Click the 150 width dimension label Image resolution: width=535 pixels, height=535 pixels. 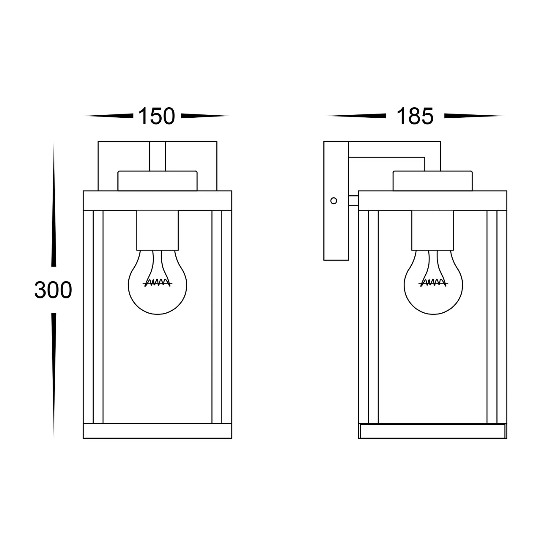click(x=157, y=116)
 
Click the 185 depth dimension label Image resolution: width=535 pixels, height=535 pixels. click(x=415, y=116)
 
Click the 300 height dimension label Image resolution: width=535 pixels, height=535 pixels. click(x=53, y=290)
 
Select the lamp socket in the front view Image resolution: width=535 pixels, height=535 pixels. click(x=158, y=230)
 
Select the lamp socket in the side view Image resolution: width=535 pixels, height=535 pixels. click(x=433, y=230)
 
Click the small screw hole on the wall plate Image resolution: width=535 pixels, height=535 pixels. click(x=334, y=201)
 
